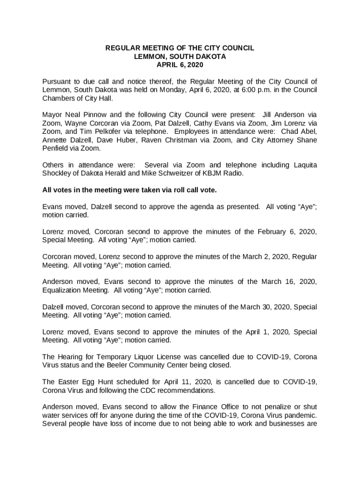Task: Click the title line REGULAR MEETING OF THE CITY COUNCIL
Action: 180,48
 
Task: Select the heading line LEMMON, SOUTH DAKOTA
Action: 180,57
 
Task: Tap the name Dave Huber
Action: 107,140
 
